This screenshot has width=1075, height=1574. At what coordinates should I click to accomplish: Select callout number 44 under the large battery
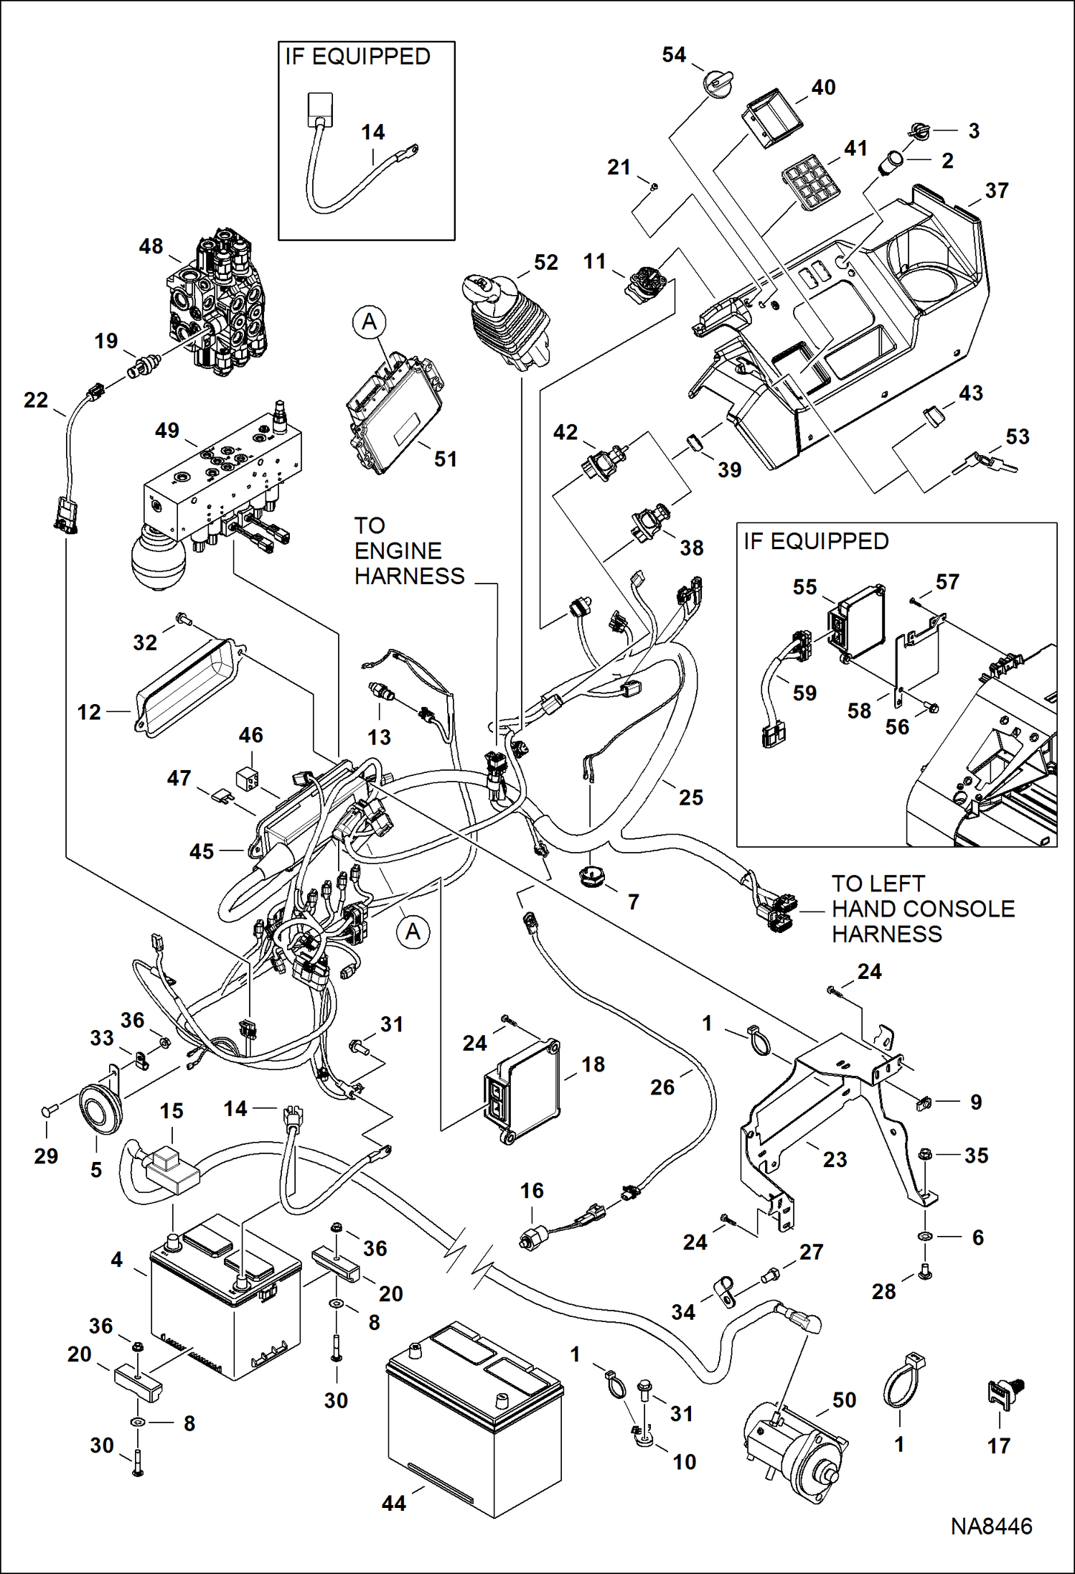click(394, 1503)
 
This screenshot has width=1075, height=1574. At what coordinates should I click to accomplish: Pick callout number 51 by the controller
click(446, 459)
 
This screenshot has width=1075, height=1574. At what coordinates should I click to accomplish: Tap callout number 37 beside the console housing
click(997, 191)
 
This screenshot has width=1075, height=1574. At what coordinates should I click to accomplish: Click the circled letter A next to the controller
click(369, 322)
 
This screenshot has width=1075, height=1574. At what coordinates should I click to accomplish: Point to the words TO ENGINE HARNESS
click(409, 551)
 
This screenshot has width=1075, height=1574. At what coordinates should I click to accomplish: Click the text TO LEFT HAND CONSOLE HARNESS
click(923, 909)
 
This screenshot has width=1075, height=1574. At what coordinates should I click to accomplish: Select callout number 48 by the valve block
click(151, 246)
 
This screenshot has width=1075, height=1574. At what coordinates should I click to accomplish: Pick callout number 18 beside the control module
click(593, 1064)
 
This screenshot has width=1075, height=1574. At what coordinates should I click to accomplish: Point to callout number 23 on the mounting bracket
click(835, 1159)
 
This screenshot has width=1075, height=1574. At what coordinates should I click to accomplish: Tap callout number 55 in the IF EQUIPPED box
click(804, 587)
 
